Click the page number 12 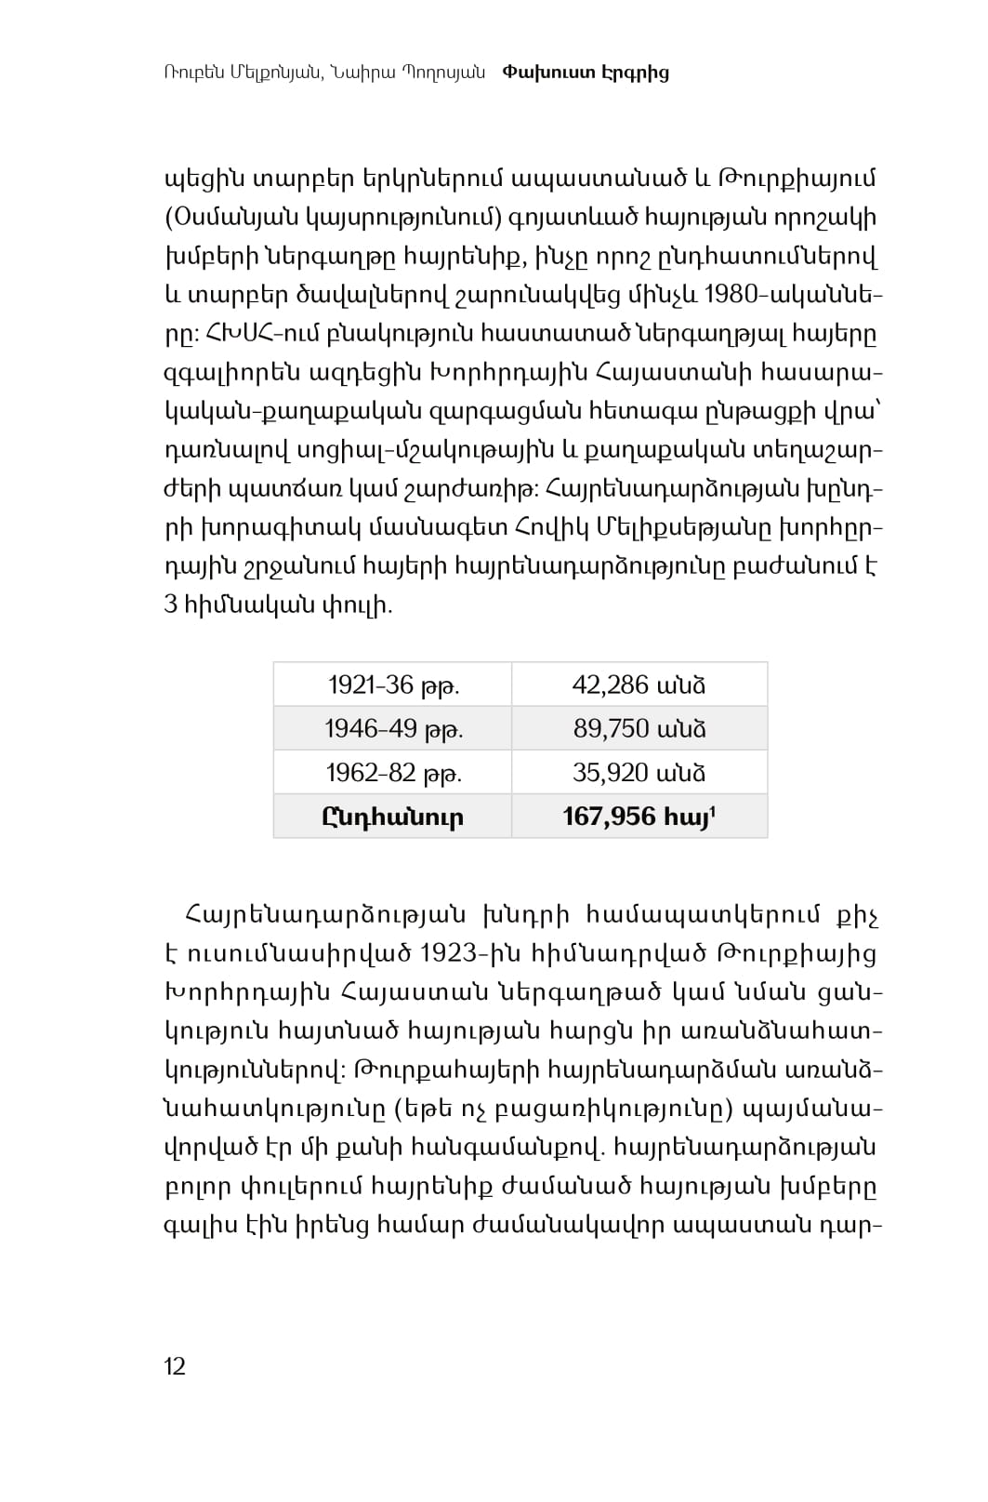[x=175, y=1365]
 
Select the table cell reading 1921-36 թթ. [x=393, y=685]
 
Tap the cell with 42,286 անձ [x=639, y=685]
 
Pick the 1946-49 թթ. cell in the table [x=393, y=729]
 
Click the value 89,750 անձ [x=639, y=729]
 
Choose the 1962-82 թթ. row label [x=393, y=773]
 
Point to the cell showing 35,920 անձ [x=639, y=773]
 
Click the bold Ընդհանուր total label [x=393, y=817]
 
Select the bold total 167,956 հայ [x=639, y=817]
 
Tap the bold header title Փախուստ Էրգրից [x=586, y=73]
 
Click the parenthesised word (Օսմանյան [x=240, y=218]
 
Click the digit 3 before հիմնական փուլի [x=171, y=605]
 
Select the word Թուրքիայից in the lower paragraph [x=797, y=954]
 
